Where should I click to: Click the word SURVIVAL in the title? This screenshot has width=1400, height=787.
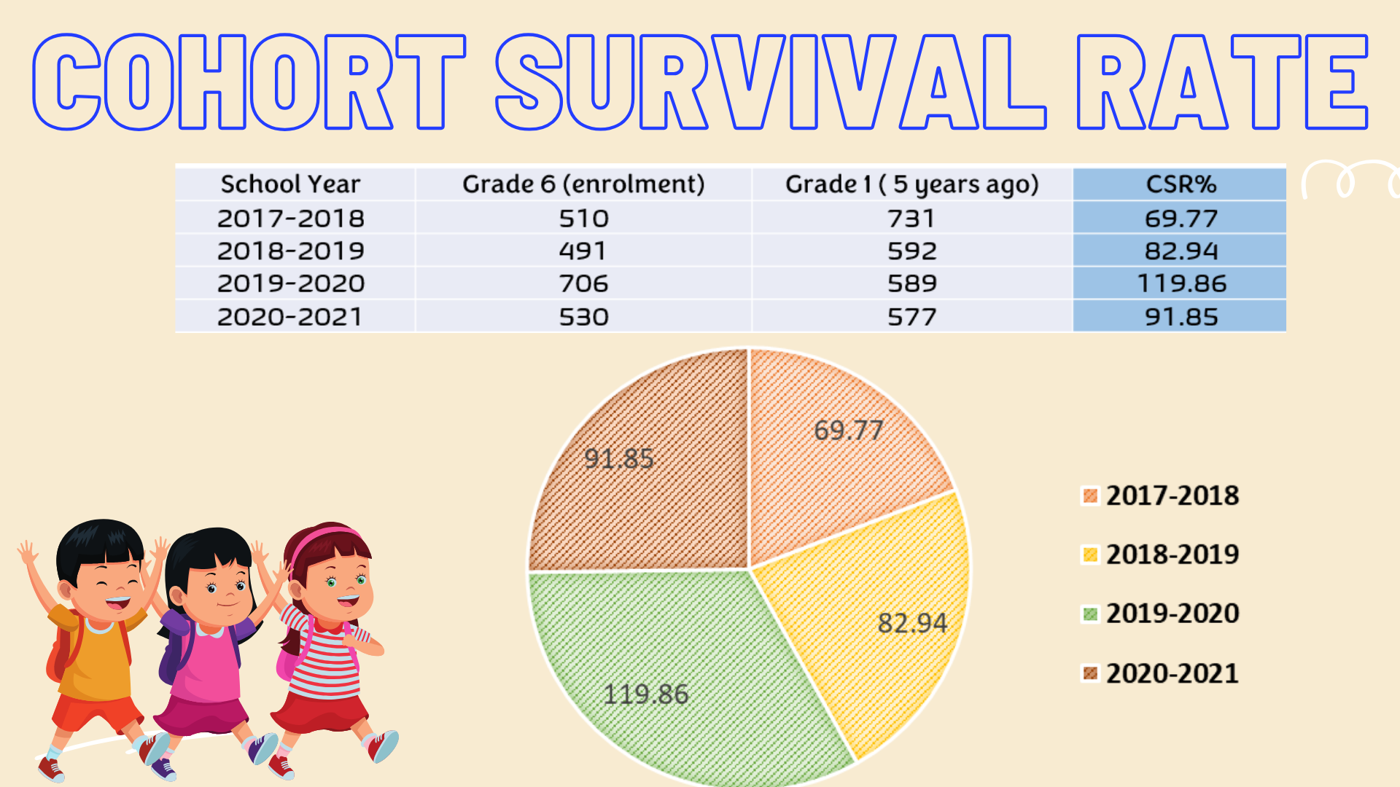pos(771,82)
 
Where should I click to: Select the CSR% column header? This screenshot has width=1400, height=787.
pos(1181,184)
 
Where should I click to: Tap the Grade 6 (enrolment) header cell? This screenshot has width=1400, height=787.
pos(583,184)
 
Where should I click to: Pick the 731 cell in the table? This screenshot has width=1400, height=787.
pos(911,218)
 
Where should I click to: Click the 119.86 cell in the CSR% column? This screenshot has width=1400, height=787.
pos(1181,283)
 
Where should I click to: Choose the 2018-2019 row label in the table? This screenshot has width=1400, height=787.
pos(291,251)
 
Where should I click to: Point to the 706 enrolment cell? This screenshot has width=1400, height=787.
pos(583,283)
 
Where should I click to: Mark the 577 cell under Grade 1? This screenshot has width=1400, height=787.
pos(911,317)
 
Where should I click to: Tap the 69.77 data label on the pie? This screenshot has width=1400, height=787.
pos(848,430)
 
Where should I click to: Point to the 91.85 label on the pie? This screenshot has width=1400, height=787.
pos(619,458)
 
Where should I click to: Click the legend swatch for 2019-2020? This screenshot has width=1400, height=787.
pos(1090,614)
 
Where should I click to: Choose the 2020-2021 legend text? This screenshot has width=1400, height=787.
pos(1172,673)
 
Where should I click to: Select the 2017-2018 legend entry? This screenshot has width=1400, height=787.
pos(1172,496)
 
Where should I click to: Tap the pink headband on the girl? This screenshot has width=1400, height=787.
pos(324,538)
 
